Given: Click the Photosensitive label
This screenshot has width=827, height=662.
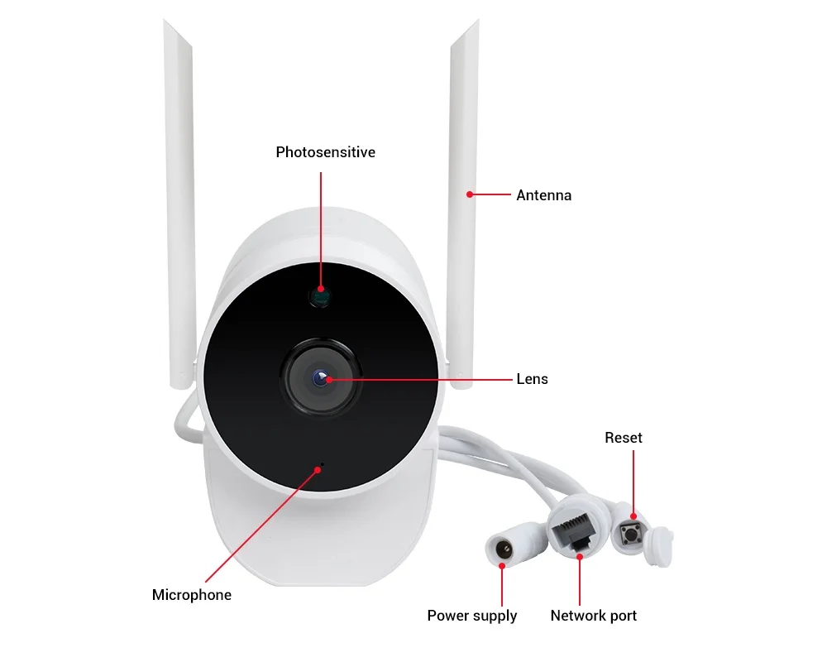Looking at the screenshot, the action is [325, 152].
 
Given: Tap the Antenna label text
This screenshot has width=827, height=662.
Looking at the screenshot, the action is [543, 196].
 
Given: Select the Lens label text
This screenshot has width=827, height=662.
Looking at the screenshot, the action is [532, 379].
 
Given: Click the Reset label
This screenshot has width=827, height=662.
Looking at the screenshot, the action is [623, 438].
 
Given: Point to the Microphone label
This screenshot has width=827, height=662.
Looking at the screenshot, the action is [192, 595].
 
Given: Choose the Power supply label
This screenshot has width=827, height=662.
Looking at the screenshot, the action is [471, 616].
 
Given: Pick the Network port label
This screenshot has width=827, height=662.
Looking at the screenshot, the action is [593, 616].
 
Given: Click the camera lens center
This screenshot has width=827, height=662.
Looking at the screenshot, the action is [321, 379].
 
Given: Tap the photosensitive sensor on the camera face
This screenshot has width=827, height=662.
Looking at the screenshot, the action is [320, 295].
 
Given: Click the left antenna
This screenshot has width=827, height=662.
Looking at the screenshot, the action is [179, 207].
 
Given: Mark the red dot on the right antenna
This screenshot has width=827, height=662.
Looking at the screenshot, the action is [469, 195].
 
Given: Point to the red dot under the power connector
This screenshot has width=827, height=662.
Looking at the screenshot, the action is [502, 565].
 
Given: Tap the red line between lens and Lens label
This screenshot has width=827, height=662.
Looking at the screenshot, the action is [422, 379].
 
